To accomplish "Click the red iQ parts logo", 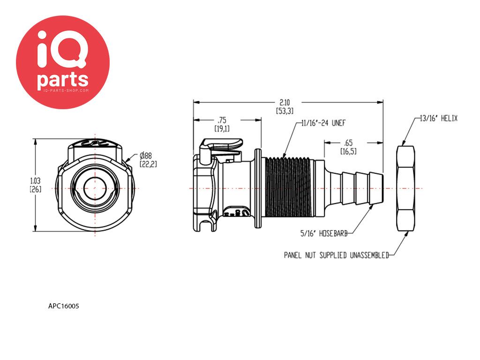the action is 63,62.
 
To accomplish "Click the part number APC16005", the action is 64,306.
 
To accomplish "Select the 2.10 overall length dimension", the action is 285,106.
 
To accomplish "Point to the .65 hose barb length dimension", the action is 348,147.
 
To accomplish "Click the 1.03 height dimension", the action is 36,185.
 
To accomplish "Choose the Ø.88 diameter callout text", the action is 148,159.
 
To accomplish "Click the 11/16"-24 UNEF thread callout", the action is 323,123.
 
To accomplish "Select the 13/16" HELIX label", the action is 439,119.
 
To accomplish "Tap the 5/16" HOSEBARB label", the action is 324,233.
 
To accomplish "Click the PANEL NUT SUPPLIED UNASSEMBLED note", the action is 337,255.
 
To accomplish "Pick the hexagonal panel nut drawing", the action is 406,188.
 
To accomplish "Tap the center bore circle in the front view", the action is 95,188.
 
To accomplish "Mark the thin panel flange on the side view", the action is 258,188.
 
